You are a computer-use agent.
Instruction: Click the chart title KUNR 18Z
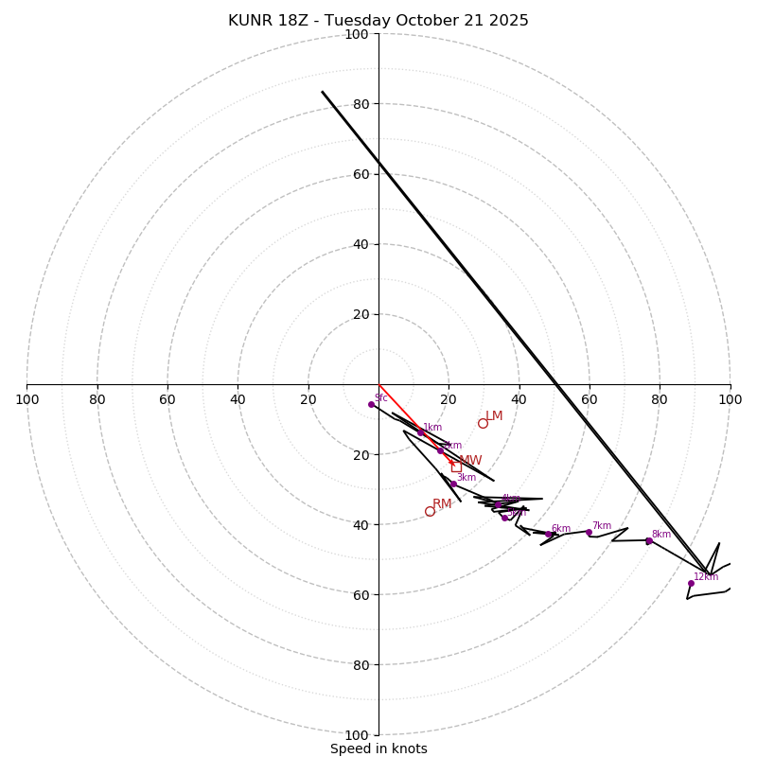coord(378,21)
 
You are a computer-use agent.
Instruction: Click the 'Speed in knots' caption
coord(378,748)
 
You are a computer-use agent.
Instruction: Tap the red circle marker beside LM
coord(483,423)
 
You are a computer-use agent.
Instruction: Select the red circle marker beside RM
coord(430,511)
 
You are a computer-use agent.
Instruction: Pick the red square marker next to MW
coord(456,467)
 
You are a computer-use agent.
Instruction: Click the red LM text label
coord(494,416)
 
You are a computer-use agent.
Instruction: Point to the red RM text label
coord(442,504)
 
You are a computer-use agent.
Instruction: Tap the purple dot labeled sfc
coord(371,404)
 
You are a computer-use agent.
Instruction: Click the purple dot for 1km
coord(421,432)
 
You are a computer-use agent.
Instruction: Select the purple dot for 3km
coord(453,484)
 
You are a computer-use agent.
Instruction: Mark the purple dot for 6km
coord(548,534)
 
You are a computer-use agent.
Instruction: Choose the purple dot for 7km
coord(589,532)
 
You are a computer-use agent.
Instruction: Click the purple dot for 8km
coord(649,540)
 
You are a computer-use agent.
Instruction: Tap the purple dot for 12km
coord(691,583)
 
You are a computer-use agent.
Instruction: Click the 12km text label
coord(706,577)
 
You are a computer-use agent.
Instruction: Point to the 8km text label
coord(661,535)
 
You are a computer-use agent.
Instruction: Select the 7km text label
coord(602,526)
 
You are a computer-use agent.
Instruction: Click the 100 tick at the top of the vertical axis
coord(357,34)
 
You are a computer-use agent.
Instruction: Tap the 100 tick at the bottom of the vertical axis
coord(357,734)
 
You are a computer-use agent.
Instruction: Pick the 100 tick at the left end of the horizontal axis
coord(26,399)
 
